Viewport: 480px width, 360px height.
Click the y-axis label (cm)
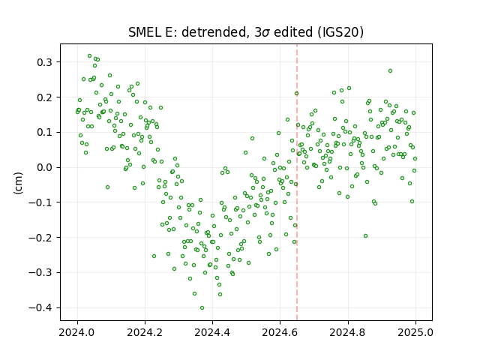[x=18, y=183]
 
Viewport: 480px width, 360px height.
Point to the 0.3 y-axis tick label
[x=45, y=62]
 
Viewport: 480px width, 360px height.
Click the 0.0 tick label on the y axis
[x=45, y=168]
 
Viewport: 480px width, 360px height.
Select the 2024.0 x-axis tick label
[x=77, y=332]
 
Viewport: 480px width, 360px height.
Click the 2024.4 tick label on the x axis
[x=212, y=332]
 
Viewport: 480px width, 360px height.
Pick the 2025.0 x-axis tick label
[x=415, y=332]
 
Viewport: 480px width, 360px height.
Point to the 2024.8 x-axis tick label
[x=348, y=332]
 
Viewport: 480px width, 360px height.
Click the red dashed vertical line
[x=297, y=182]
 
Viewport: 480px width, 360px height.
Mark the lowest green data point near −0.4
[x=202, y=308]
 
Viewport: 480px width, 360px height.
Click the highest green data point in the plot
[x=90, y=56]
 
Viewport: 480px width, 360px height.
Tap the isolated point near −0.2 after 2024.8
[x=365, y=236]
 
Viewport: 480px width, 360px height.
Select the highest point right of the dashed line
[x=390, y=71]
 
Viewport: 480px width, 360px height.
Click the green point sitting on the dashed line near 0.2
[x=297, y=93]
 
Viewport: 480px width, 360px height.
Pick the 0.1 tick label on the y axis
[x=45, y=133]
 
